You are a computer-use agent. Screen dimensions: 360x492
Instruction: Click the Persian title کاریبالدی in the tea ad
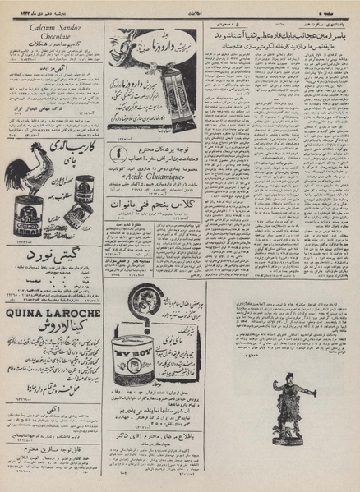coord(73,150)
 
